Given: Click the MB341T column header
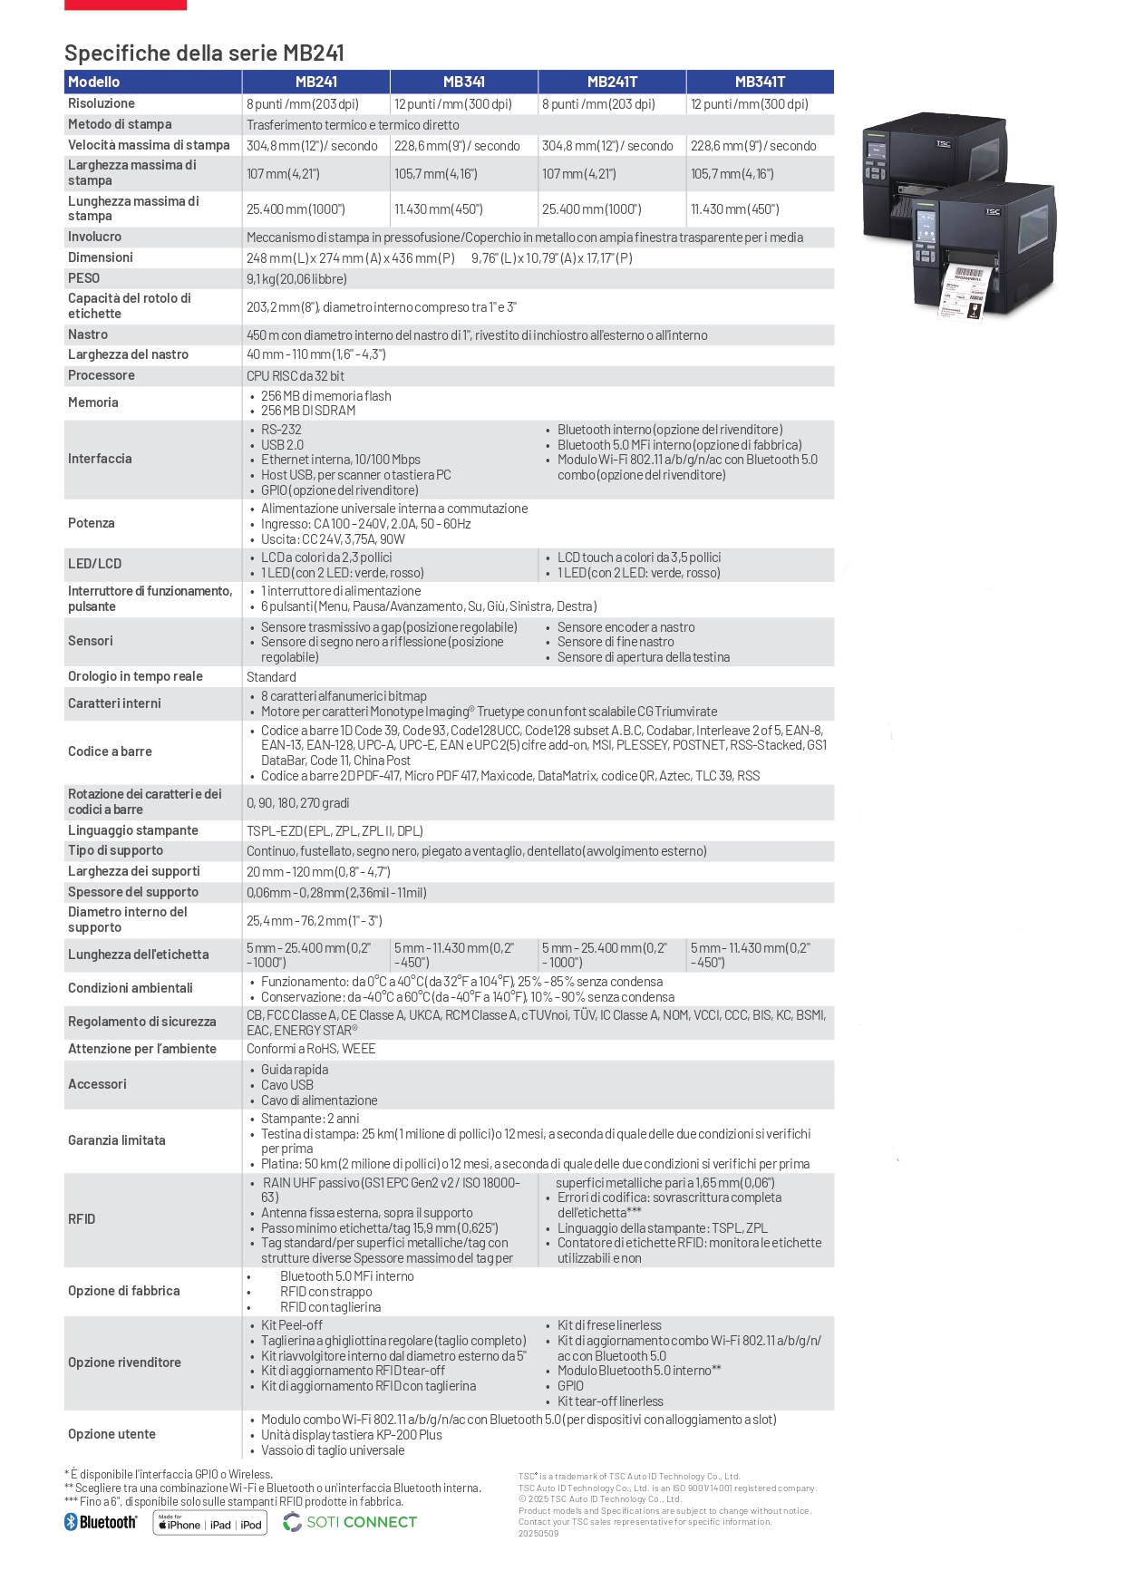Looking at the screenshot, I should [x=760, y=82].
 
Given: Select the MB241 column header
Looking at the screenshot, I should [x=316, y=82].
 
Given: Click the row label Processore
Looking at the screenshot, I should [x=102, y=375].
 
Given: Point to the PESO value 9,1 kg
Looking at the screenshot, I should [x=296, y=279].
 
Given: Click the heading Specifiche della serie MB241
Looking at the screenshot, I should [x=204, y=53].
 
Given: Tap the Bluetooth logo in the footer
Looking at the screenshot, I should [x=101, y=1522].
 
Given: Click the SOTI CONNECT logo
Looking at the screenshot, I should [x=350, y=1522].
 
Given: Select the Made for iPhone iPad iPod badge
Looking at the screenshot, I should [x=210, y=1523].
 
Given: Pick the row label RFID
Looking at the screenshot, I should [x=82, y=1219].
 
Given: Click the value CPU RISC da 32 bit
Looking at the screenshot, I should [x=296, y=376].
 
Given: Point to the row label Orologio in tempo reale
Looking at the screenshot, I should [x=135, y=676].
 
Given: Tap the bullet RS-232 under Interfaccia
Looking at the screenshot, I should [x=281, y=430].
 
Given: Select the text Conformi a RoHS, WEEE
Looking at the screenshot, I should [x=311, y=1049].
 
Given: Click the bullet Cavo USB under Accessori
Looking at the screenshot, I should [x=287, y=1085].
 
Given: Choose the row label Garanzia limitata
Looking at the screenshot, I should [x=117, y=1140].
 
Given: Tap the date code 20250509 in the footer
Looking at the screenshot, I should [x=538, y=1534].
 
